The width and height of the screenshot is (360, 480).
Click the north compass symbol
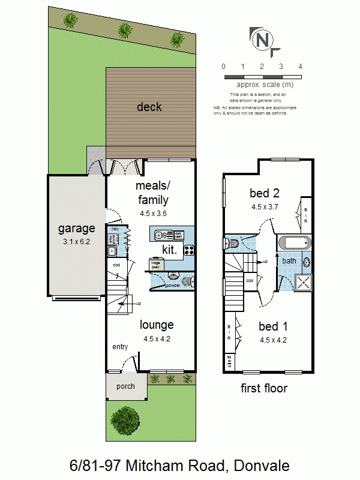pos(262,40)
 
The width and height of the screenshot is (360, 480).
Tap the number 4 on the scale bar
pos(300,67)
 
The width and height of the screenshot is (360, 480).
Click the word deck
pos(149,107)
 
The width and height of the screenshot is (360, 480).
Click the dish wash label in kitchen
pos(178,235)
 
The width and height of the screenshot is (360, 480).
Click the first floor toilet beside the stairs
pos(230,244)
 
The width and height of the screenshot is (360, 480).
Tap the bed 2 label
pos(265,193)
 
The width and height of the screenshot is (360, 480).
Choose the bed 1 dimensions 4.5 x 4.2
pos(273,340)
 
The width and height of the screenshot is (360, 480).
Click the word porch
pos(125,386)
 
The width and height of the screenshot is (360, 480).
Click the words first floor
pos(264,388)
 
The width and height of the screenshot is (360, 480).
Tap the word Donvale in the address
pos(263,465)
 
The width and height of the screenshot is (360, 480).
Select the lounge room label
pos(157,325)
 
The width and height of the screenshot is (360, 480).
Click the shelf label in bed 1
pos(229,362)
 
